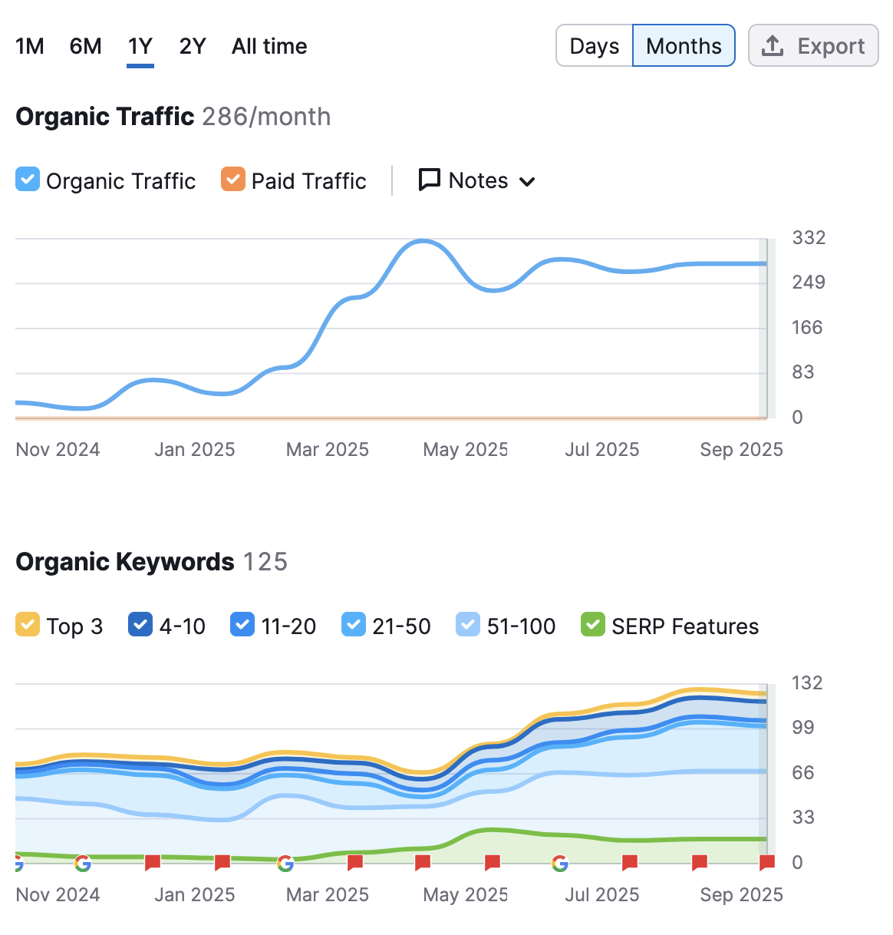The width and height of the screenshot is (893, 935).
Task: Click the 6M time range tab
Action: click(x=85, y=47)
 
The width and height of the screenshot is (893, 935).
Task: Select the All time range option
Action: click(x=269, y=47)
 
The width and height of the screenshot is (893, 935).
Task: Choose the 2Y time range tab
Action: click(x=193, y=47)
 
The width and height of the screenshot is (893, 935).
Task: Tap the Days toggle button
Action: click(x=594, y=45)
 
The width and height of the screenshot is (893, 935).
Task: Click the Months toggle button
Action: click(x=684, y=45)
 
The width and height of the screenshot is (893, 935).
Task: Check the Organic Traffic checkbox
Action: click(x=28, y=179)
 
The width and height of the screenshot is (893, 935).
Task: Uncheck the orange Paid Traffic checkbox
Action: click(x=233, y=179)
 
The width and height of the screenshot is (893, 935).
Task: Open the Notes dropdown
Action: click(x=476, y=180)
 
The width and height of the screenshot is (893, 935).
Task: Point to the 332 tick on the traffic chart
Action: click(x=809, y=237)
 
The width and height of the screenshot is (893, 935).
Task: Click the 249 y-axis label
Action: click(x=809, y=282)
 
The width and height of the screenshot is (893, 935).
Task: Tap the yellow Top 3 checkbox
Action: click(x=28, y=624)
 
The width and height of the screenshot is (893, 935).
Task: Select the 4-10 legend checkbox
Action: click(x=140, y=624)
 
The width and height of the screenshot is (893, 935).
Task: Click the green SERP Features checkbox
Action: click(x=592, y=624)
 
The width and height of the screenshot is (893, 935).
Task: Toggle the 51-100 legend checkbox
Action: click(x=468, y=624)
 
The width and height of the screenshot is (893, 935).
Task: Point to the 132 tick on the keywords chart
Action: click(x=806, y=682)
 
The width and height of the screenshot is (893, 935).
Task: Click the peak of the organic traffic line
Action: click(x=422, y=241)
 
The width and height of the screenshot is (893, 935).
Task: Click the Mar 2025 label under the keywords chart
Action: click(x=328, y=894)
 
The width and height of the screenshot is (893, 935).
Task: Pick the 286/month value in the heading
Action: click(x=266, y=117)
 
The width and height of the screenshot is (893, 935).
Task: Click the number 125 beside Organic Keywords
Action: click(x=265, y=562)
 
